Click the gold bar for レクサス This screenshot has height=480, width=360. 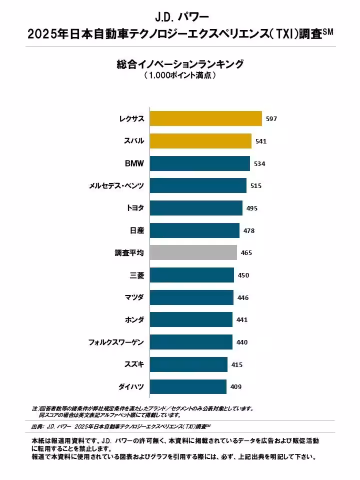click(x=205, y=118)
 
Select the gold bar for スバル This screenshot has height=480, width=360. click(x=200, y=141)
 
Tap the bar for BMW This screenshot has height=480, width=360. click(x=199, y=163)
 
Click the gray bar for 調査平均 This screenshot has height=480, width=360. click(x=193, y=252)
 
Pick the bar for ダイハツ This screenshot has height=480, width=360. click(x=187, y=386)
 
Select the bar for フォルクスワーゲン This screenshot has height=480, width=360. click(x=190, y=342)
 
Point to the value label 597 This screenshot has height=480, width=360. click(x=271, y=119)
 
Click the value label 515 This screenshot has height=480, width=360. click(x=255, y=186)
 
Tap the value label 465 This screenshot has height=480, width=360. click(x=246, y=253)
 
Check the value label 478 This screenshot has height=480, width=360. click(x=248, y=230)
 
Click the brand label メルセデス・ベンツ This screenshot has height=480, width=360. click(x=116, y=186)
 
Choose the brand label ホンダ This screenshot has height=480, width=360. click(x=134, y=319)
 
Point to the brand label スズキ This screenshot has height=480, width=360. click(x=134, y=364)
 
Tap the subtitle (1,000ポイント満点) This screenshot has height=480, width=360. click(x=180, y=76)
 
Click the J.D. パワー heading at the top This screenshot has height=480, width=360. click(x=180, y=17)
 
